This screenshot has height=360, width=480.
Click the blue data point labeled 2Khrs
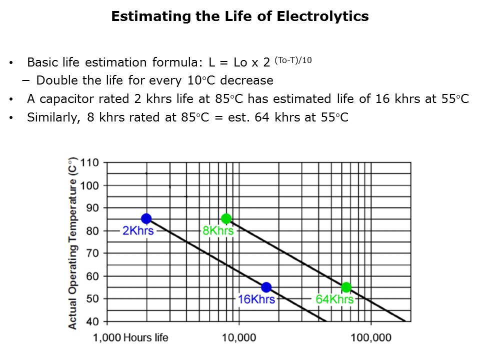pos(146,218)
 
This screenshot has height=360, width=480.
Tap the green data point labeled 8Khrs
pos(226,218)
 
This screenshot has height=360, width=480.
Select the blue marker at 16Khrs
pos(266,287)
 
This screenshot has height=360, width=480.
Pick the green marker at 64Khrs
pos(346,287)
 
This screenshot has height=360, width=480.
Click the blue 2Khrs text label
pos(138,231)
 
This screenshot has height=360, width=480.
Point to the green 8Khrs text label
pos(218,231)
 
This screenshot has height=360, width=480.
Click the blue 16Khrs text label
pos(256,299)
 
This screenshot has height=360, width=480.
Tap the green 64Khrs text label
pos(334,299)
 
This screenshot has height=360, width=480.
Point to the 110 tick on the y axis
pos(93,163)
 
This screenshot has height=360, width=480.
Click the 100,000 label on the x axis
pos(371,337)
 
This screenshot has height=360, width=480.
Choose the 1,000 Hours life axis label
pos(131,337)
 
